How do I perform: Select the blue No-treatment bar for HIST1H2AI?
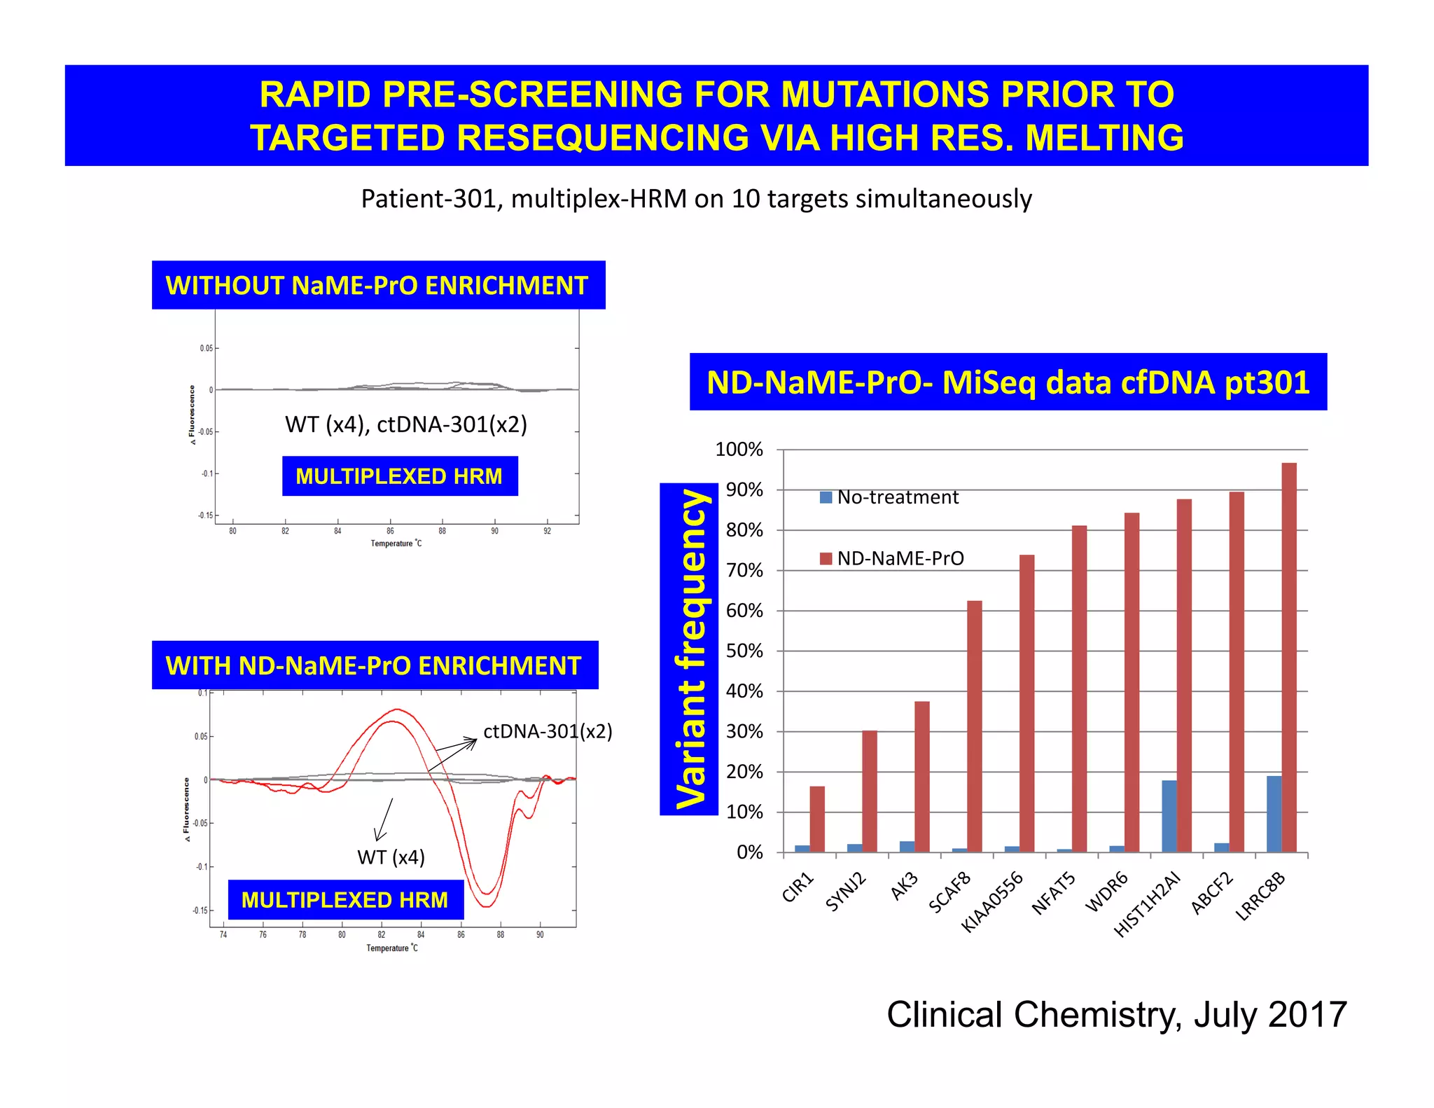click(1169, 816)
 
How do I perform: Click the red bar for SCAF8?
click(974, 726)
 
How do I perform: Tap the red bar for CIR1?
click(816, 819)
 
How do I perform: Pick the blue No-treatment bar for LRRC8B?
click(1274, 814)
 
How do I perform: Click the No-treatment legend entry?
click(889, 497)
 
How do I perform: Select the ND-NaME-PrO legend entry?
click(892, 558)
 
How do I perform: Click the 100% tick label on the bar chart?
click(738, 450)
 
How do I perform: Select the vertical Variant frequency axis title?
click(689, 649)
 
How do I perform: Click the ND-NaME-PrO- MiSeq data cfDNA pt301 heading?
click(1008, 382)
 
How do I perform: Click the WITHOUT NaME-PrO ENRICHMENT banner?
click(377, 285)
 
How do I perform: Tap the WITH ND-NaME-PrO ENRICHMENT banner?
click(374, 665)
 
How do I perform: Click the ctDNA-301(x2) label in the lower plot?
click(548, 732)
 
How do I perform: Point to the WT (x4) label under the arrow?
click(391, 857)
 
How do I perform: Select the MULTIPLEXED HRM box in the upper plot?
click(399, 476)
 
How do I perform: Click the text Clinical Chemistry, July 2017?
click(1116, 1015)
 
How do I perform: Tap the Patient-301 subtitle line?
click(696, 199)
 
